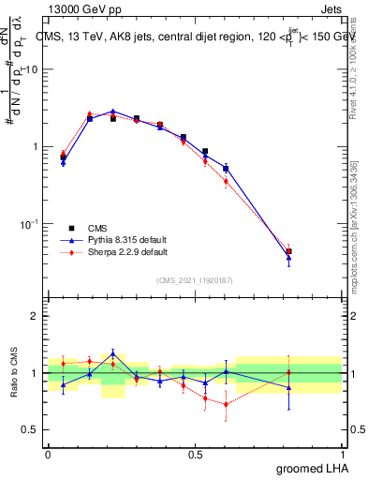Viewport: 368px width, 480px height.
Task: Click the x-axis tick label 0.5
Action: coord(195,455)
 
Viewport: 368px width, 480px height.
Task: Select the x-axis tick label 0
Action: coord(48,455)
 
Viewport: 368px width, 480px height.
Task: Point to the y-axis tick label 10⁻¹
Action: coord(29,224)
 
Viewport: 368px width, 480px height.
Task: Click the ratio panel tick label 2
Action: coord(35,316)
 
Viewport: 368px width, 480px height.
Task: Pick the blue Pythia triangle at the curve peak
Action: coord(112,111)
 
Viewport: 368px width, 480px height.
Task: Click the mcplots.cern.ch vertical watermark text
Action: coord(360,234)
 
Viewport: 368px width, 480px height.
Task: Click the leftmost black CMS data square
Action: coord(63,157)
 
